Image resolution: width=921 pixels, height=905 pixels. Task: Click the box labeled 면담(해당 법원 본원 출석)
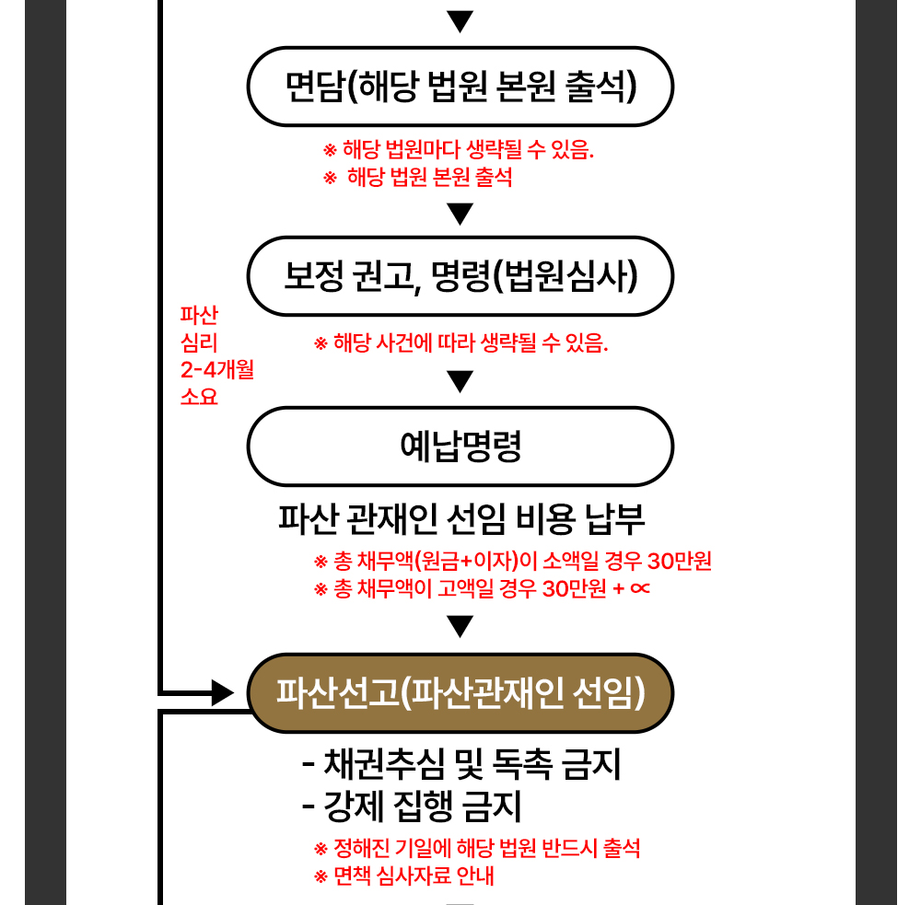click(460, 87)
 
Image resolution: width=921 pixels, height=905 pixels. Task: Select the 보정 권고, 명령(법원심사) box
click(460, 276)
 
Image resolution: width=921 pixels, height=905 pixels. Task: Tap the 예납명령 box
click(460, 447)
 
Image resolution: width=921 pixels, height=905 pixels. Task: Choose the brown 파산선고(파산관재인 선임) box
click(460, 693)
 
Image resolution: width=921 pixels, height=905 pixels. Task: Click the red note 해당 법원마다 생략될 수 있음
click(459, 150)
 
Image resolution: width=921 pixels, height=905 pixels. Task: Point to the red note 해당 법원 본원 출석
click(418, 177)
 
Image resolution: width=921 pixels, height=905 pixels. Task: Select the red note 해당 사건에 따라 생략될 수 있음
click(461, 342)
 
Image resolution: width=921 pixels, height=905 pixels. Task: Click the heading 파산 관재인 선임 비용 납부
click(461, 519)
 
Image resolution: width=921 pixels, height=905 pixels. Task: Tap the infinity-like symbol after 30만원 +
click(640, 588)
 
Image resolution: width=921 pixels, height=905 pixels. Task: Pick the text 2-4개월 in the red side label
click(217, 369)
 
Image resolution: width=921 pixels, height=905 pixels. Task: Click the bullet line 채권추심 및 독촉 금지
click(461, 763)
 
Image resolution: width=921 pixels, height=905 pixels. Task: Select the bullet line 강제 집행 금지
click(412, 806)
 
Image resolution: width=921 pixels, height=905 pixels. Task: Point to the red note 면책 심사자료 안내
click(404, 876)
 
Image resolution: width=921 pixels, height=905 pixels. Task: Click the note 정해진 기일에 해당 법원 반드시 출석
click(477, 848)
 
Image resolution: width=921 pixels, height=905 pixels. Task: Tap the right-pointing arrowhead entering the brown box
click(223, 693)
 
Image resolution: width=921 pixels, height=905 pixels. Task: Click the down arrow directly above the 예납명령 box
click(460, 381)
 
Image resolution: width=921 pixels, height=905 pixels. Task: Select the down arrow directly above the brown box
click(460, 627)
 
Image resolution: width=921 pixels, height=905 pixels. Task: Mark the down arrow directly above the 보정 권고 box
click(460, 215)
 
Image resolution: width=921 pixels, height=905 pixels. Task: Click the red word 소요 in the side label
click(199, 397)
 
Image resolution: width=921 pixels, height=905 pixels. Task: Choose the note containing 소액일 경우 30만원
click(513, 561)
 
